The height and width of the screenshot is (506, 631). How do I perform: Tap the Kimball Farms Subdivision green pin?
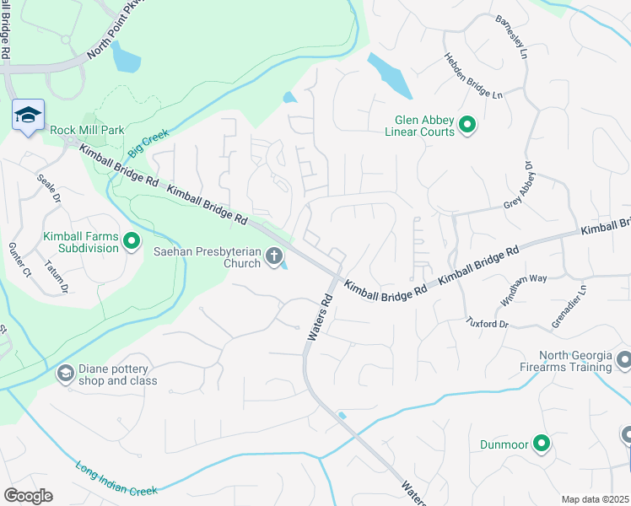click(132, 243)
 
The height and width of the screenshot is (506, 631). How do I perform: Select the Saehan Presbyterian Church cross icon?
click(273, 256)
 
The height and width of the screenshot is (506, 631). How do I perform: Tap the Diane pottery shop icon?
click(65, 373)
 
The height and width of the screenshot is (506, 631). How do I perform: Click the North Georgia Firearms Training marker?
click(623, 361)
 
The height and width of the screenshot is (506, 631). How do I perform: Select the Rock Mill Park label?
click(87, 130)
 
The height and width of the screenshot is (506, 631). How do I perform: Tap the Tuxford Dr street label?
click(488, 324)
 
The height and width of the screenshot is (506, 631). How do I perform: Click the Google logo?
click(28, 496)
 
